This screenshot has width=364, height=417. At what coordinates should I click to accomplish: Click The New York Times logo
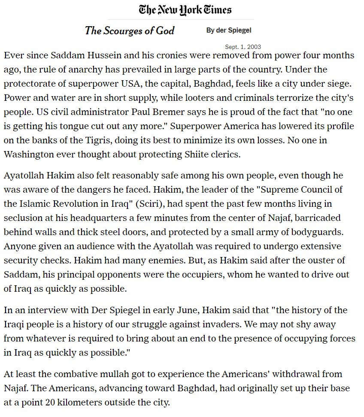(x=185, y=9)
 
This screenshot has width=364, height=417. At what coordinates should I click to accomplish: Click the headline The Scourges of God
(x=130, y=30)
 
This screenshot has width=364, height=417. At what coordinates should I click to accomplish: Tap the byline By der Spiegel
(x=229, y=30)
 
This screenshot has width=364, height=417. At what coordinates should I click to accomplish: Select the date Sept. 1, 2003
(x=243, y=47)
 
